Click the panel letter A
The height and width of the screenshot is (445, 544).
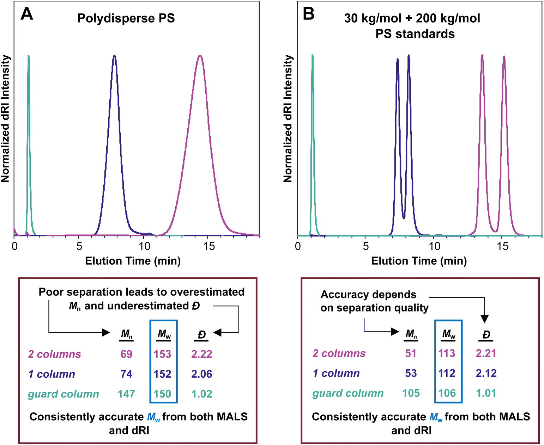pyautogui.click(x=27, y=14)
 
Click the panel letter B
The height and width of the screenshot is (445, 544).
pyautogui.click(x=309, y=14)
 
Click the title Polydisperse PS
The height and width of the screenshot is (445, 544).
pyautogui.click(x=126, y=18)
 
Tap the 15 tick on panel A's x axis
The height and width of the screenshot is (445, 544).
pyautogui.click(x=209, y=246)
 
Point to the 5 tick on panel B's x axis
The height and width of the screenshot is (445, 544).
pyautogui.click(x=366, y=246)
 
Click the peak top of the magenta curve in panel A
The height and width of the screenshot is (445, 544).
pyautogui.click(x=200, y=56)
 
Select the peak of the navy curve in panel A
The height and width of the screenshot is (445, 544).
pyautogui.click(x=114, y=56)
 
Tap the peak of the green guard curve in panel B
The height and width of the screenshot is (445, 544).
pyautogui.click(x=313, y=55)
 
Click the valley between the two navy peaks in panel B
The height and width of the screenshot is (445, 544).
pyautogui.click(x=404, y=218)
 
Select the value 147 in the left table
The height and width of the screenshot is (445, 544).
pyautogui.click(x=126, y=394)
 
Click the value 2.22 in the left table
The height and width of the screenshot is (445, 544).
pyautogui.click(x=201, y=354)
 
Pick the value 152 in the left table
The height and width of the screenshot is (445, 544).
pyautogui.click(x=163, y=374)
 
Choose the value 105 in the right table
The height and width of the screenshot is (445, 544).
pyautogui.click(x=411, y=393)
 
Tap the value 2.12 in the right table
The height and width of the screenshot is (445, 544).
pyautogui.click(x=486, y=373)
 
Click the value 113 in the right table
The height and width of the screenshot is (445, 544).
pyautogui.click(x=447, y=353)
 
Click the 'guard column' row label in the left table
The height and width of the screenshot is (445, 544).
pyautogui.click(x=64, y=394)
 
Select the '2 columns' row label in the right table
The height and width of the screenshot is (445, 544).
pyautogui.click(x=339, y=353)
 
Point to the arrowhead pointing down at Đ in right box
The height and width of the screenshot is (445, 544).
pyautogui.click(x=485, y=319)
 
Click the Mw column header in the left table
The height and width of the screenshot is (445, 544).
pyautogui.click(x=164, y=334)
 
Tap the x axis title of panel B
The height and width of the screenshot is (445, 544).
pyautogui.click(x=419, y=261)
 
